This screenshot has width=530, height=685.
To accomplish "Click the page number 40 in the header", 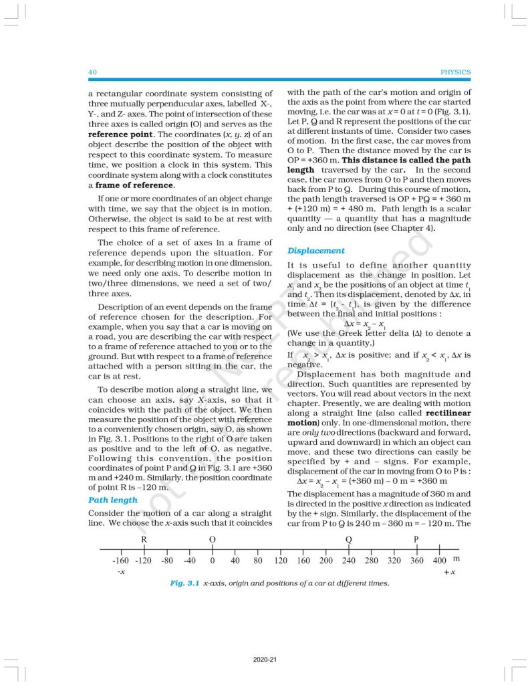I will (93, 72).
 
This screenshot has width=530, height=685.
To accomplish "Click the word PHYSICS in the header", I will (456, 72).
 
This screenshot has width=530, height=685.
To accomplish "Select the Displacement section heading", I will (316, 251).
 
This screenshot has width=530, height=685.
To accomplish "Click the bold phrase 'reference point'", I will (120, 134).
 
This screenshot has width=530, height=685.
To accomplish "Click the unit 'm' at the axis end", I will (456, 558).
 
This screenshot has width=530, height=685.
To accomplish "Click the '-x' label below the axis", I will (122, 572).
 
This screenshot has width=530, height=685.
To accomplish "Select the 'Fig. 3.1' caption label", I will (186, 583).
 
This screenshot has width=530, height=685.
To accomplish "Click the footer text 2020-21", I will (265, 659).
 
